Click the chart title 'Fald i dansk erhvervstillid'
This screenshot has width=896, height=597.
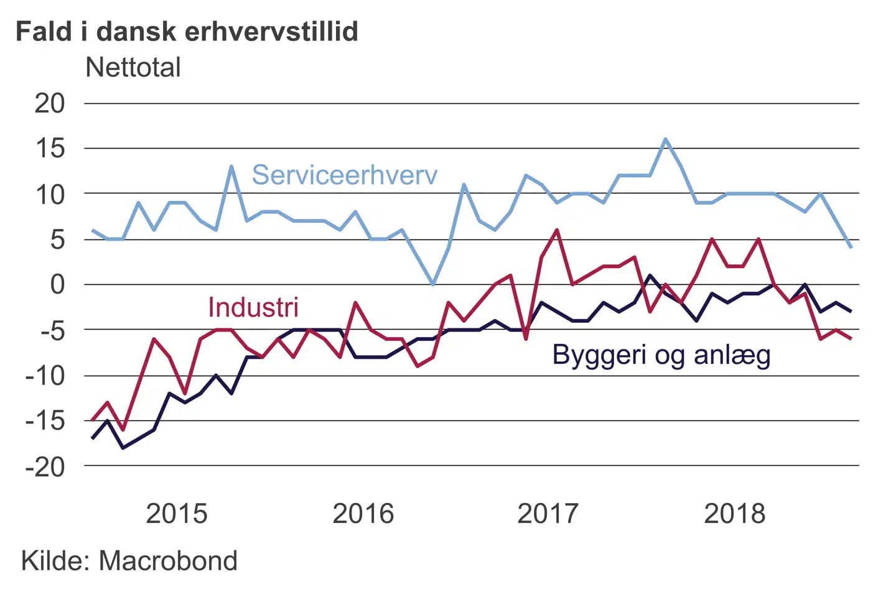tap(187, 31)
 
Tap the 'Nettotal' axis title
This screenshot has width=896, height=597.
tap(133, 67)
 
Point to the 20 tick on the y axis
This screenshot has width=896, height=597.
tap(50, 103)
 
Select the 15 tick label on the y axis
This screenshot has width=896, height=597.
tap(50, 149)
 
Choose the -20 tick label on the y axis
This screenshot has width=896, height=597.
tap(45, 466)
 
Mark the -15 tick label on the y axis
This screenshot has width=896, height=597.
tap(45, 421)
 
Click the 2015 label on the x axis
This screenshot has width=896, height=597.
tap(177, 514)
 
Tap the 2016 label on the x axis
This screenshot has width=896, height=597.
tap(363, 514)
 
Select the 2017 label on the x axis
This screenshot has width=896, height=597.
tap(548, 514)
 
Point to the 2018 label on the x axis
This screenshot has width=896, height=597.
tap(735, 514)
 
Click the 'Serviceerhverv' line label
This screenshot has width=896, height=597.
tap(344, 175)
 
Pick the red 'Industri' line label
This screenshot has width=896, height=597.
tap(253, 307)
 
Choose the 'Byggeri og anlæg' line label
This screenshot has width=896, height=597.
tap(661, 355)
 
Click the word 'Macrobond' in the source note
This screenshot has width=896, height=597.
tap(168, 561)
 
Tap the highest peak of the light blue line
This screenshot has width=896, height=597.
tap(665, 139)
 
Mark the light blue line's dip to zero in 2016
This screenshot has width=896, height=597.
tap(433, 284)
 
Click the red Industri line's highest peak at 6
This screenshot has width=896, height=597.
tap(556, 230)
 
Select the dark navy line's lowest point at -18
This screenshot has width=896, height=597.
tap(123, 447)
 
